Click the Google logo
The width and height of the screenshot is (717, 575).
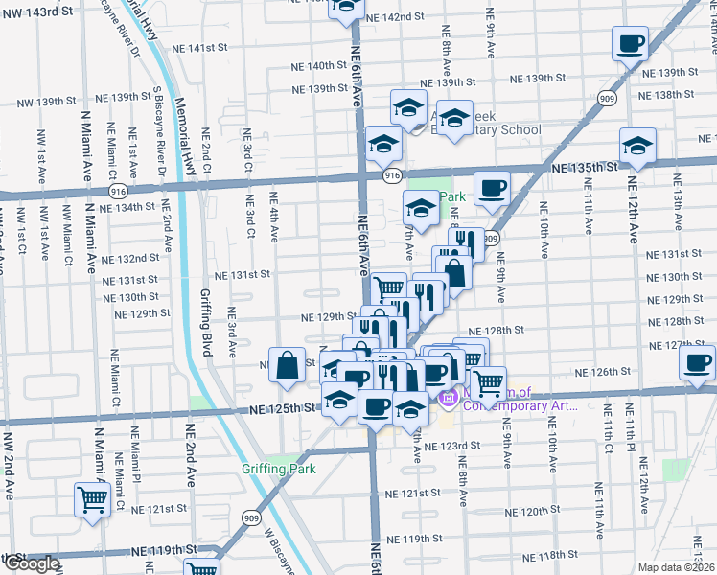31,564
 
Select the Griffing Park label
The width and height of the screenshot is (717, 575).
278,470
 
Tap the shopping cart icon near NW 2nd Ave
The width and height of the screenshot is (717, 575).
91,499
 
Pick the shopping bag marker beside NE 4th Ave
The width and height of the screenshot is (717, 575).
288,363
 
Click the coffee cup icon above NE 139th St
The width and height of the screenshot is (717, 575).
630,43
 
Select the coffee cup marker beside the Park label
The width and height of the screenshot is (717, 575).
492,190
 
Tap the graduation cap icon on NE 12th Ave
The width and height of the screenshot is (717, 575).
636,147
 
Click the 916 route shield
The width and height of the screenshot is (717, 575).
391,175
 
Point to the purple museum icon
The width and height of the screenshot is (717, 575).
447,398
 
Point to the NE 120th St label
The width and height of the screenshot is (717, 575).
534,511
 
